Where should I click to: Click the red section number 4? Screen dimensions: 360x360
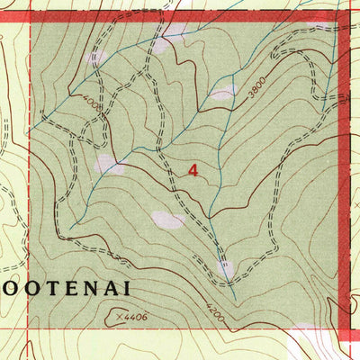point(193,169)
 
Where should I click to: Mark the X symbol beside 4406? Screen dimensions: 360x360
point(119,315)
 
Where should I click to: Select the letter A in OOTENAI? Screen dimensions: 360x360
point(109,289)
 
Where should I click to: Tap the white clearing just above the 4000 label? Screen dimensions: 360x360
point(95,58)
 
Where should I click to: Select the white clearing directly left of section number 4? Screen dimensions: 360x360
point(108,164)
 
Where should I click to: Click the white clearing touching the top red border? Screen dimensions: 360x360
point(175,31)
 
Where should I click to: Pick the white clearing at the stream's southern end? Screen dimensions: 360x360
point(225,268)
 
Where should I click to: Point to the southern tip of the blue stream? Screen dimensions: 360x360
point(234,300)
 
